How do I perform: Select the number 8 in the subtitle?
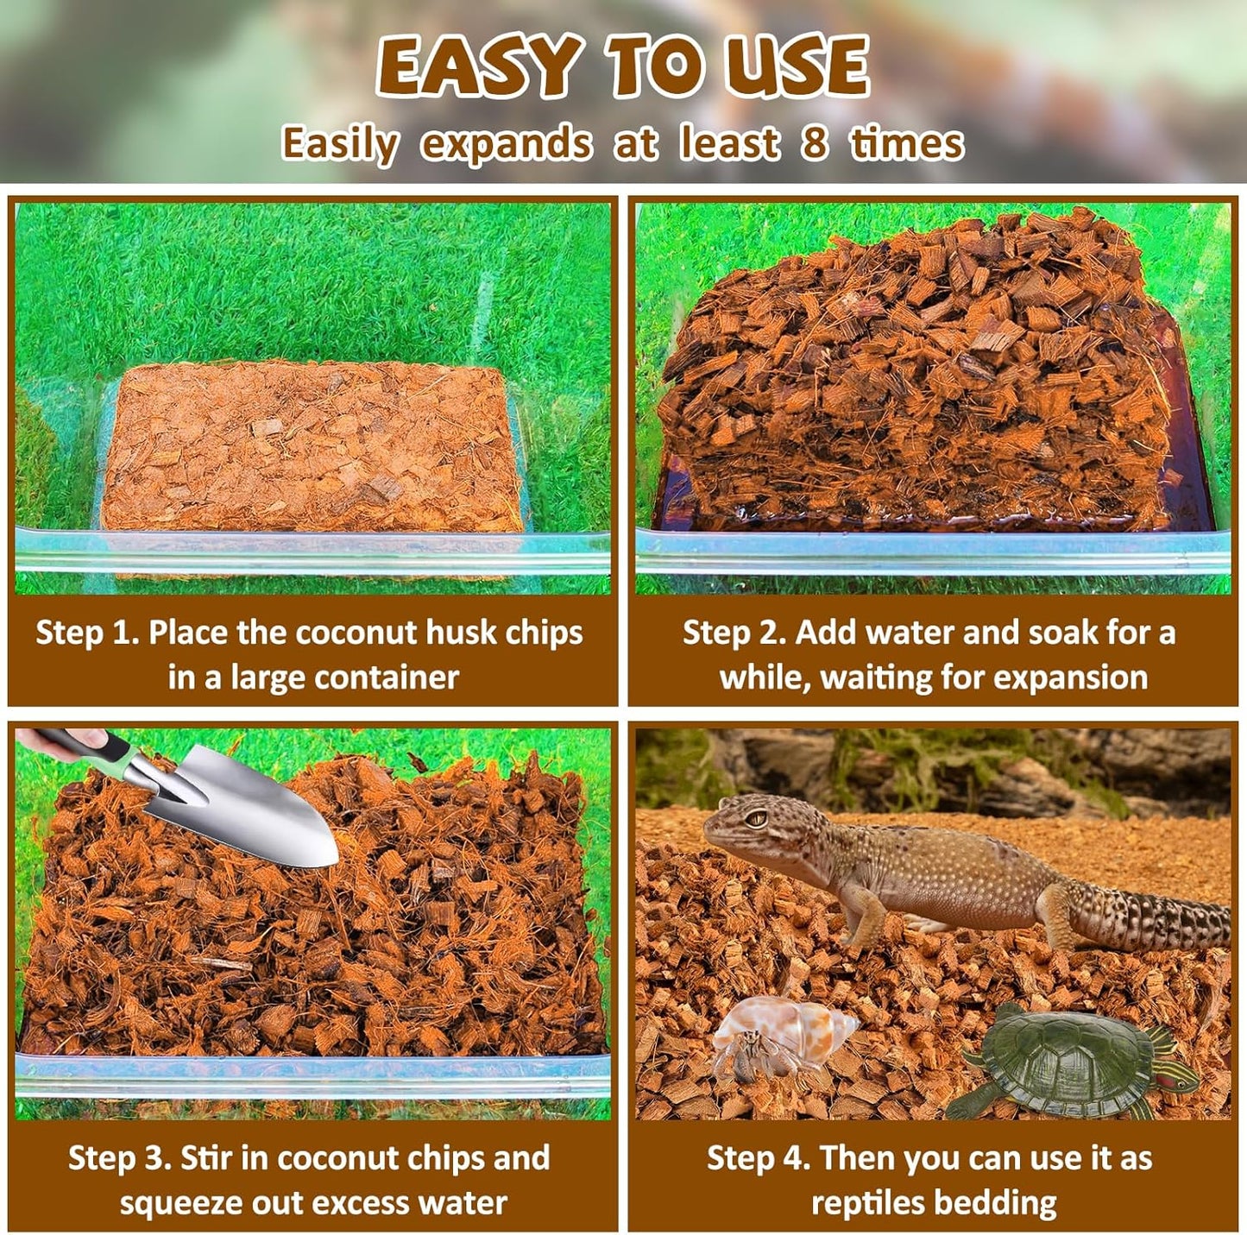(x=813, y=143)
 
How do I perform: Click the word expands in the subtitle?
(x=507, y=144)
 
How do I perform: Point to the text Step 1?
(x=86, y=633)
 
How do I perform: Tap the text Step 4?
(x=758, y=1158)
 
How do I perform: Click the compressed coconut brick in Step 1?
(x=311, y=444)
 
